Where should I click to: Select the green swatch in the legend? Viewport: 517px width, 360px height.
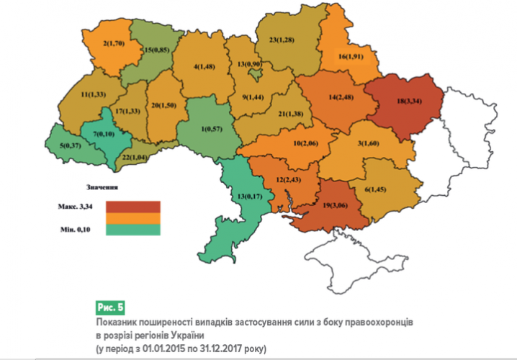134,229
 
